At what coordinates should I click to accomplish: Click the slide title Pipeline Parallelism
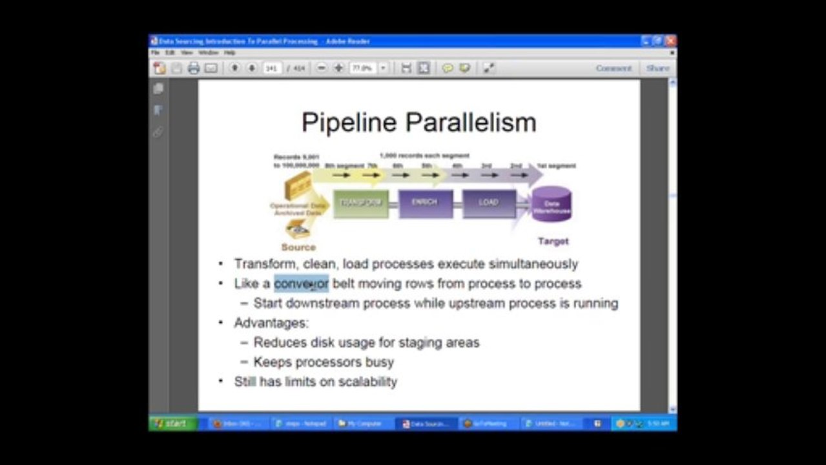[418, 122]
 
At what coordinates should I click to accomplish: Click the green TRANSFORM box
[361, 203]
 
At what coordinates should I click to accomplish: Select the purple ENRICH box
[424, 203]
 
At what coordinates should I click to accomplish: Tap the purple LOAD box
[488, 203]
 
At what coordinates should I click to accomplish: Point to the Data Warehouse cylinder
[551, 204]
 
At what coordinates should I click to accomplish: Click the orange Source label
[298, 247]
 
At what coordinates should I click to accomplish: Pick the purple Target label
[553, 241]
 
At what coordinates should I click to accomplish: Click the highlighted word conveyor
[301, 284]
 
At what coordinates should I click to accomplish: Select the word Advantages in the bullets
[271, 323]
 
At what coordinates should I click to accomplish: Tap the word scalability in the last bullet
[367, 382]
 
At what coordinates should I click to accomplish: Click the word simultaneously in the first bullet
[533, 263]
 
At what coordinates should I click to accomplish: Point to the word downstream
[322, 304]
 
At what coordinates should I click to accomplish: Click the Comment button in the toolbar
[614, 68]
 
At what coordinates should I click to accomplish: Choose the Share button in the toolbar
[657, 68]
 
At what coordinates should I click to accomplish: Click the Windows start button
[172, 424]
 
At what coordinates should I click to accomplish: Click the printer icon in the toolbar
[193, 68]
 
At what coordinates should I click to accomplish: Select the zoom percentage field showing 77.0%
[363, 68]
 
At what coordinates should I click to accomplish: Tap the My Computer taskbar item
[360, 424]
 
